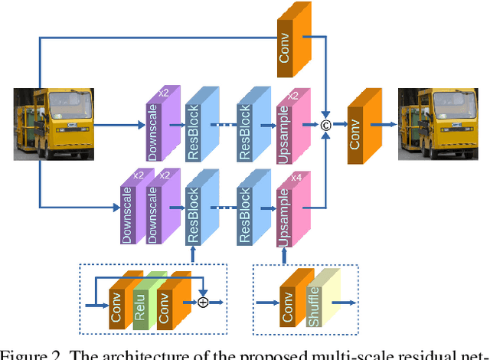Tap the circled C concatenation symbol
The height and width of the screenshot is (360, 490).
coord(324,125)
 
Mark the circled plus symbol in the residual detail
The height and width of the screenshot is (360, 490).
coord(203,303)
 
